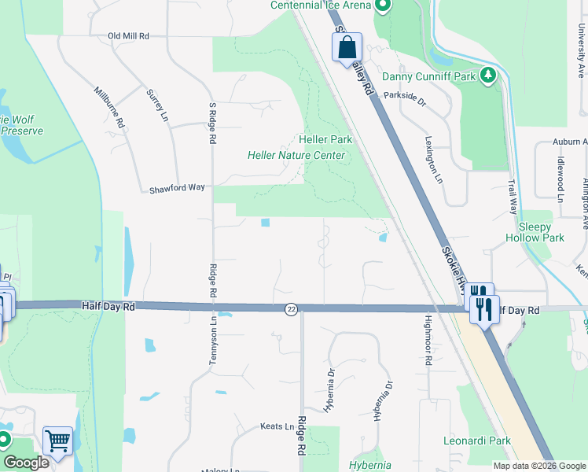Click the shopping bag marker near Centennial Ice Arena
(x=347, y=48)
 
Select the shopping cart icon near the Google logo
(x=57, y=441)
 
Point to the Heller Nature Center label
(x=296, y=155)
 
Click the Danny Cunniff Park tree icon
(x=490, y=75)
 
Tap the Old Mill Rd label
(x=128, y=36)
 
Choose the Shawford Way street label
(x=178, y=189)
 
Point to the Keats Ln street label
(x=277, y=426)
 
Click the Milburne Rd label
(x=110, y=107)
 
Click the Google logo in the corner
(x=26, y=463)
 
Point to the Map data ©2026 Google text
(x=539, y=466)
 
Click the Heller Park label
(x=325, y=139)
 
